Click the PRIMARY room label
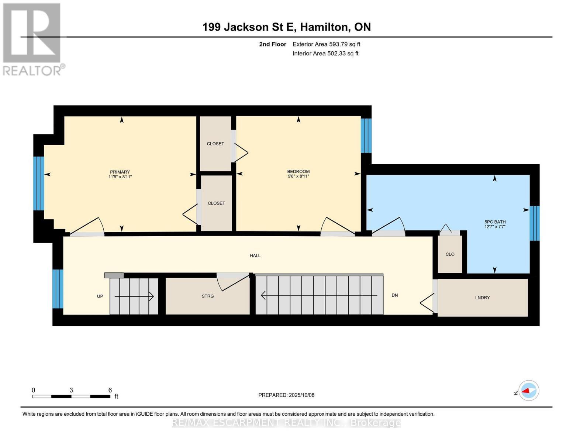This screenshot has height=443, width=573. pyautogui.click(x=120, y=172)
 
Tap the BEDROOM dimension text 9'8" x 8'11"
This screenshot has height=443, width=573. pyautogui.click(x=298, y=176)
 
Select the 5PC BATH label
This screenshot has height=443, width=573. pyautogui.click(x=495, y=222)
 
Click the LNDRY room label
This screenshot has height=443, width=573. pyautogui.click(x=482, y=298)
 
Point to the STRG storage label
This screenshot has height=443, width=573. pyautogui.click(x=208, y=296)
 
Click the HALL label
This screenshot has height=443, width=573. pyautogui.click(x=255, y=255)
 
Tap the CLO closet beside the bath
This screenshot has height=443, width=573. pyautogui.click(x=450, y=254)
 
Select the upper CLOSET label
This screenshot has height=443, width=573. pyautogui.click(x=215, y=144)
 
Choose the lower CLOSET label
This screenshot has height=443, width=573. pyautogui.click(x=216, y=203)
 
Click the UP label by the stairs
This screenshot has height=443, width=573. pyautogui.click(x=100, y=296)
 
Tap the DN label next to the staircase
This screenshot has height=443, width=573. pyautogui.click(x=394, y=295)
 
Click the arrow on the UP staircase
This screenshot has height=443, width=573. pyautogui.click(x=134, y=296)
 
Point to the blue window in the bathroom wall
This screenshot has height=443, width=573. pyautogui.click(x=534, y=223)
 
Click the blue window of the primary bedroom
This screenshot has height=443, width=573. pyautogui.click(x=39, y=183)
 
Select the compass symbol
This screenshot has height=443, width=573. pyautogui.click(x=528, y=391)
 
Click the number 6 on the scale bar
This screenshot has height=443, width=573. pyautogui.click(x=110, y=390)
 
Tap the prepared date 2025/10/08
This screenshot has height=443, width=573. pyautogui.click(x=301, y=395)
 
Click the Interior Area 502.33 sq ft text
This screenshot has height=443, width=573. pyautogui.click(x=325, y=54)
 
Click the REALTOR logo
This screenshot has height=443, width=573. pyautogui.click(x=32, y=39)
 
